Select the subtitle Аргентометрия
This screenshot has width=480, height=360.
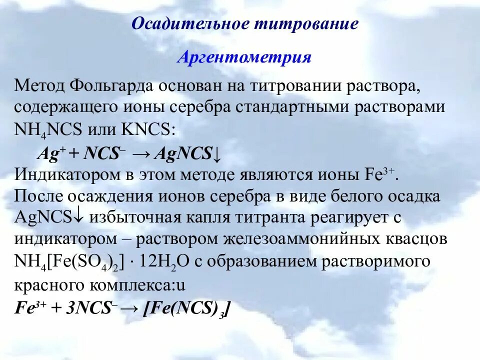[x=244, y=57]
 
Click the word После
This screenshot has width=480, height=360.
[x=37, y=196]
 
